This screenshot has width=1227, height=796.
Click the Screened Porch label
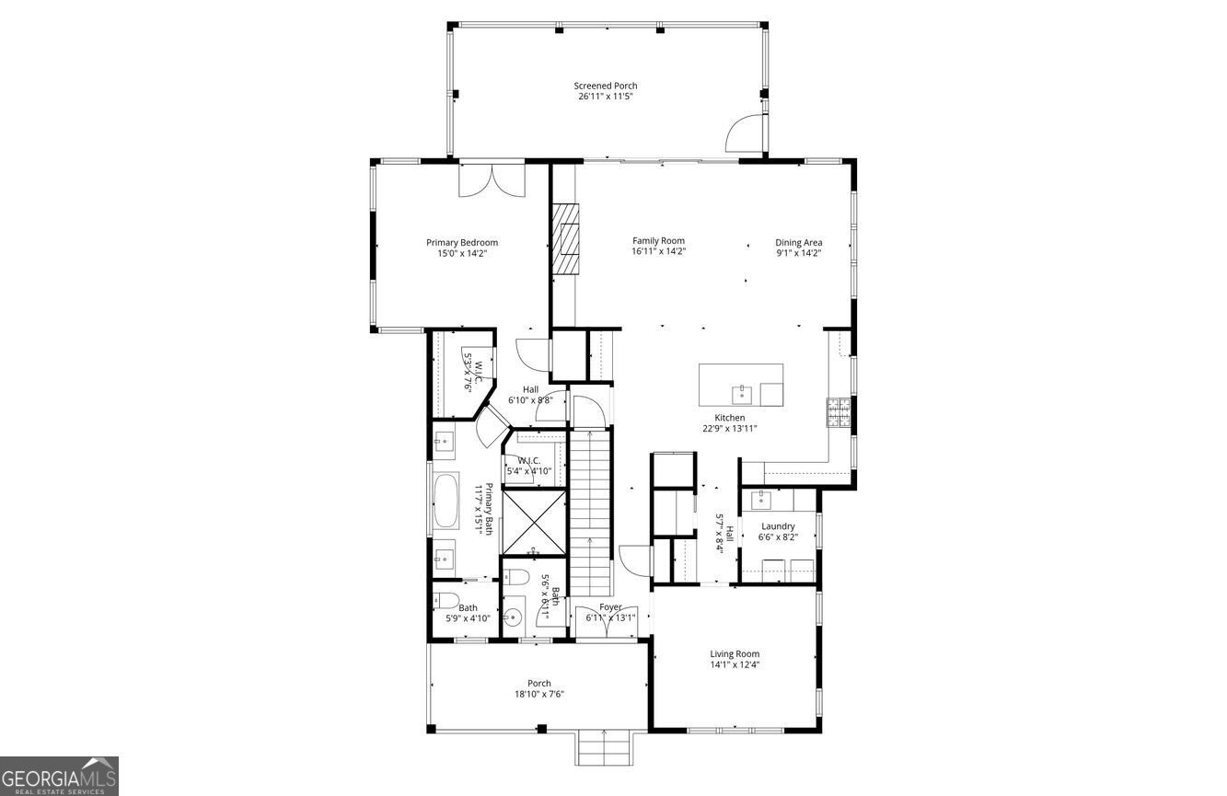(606, 86)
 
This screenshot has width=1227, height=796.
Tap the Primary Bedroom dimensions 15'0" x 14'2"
(462, 253)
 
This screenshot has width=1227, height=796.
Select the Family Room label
(658, 241)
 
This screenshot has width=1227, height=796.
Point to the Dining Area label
(798, 243)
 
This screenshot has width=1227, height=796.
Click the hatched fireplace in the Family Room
(565, 239)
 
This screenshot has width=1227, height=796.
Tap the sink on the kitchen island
(742, 393)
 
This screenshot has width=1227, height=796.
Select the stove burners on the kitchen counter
(839, 412)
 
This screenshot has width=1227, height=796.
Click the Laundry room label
(778, 526)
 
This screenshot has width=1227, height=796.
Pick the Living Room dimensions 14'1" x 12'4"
(735, 665)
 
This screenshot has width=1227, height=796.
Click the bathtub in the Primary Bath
(446, 501)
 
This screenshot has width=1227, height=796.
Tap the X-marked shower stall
(534, 523)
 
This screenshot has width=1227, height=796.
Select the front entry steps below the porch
(604, 748)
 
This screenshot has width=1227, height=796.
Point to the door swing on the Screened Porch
(744, 133)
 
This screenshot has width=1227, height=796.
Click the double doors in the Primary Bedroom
(492, 180)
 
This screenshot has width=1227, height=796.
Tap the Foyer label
(610, 607)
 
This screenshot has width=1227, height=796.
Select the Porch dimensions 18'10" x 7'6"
(539, 695)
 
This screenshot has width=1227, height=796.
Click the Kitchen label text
(730, 418)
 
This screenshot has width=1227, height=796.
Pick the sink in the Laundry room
(761, 499)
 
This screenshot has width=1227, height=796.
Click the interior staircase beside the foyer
(590, 513)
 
